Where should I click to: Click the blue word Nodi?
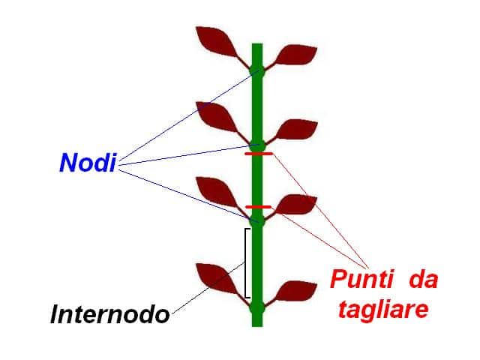tap(88, 163)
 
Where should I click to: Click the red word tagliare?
tap(383, 309)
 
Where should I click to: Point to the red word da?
tap(423, 281)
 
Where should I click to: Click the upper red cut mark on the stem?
tap(258, 154)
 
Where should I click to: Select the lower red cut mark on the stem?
tap(258, 206)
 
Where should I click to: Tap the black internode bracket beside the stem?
tap(247, 262)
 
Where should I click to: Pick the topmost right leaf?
tap(295, 55)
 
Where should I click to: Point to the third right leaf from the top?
tap(295, 204)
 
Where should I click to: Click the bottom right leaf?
tap(296, 291)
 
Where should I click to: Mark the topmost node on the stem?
tap(257, 71)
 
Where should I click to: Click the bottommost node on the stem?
tap(257, 307)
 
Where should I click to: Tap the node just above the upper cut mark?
tap(257, 143)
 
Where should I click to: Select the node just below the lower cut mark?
tap(257, 220)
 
